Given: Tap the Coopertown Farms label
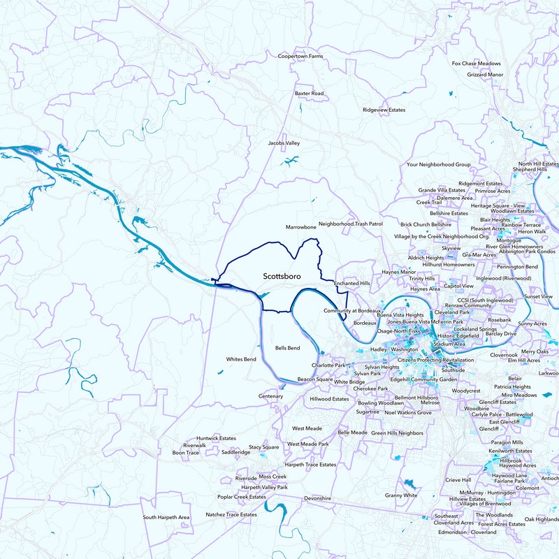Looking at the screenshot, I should (300, 56).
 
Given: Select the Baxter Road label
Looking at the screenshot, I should (309, 93).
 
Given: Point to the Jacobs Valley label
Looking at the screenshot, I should (284, 143).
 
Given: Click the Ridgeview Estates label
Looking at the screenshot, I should (384, 110).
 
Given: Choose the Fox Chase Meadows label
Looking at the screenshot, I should (477, 63).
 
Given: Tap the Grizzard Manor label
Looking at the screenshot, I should (486, 74).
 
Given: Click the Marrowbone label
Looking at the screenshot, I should (302, 227).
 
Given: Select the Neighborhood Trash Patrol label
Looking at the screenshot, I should (351, 224).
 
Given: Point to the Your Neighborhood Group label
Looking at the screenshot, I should (439, 165).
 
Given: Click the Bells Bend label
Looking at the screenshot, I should (287, 347).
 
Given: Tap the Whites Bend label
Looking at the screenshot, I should (241, 359).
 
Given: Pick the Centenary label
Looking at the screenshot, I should (271, 396).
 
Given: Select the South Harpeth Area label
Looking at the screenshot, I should (166, 517).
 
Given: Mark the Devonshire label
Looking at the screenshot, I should (317, 498).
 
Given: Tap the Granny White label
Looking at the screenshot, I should (401, 495).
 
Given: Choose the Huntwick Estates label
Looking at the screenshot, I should (216, 438).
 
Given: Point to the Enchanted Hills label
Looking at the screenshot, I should (351, 284).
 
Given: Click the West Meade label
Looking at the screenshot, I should (307, 428).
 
